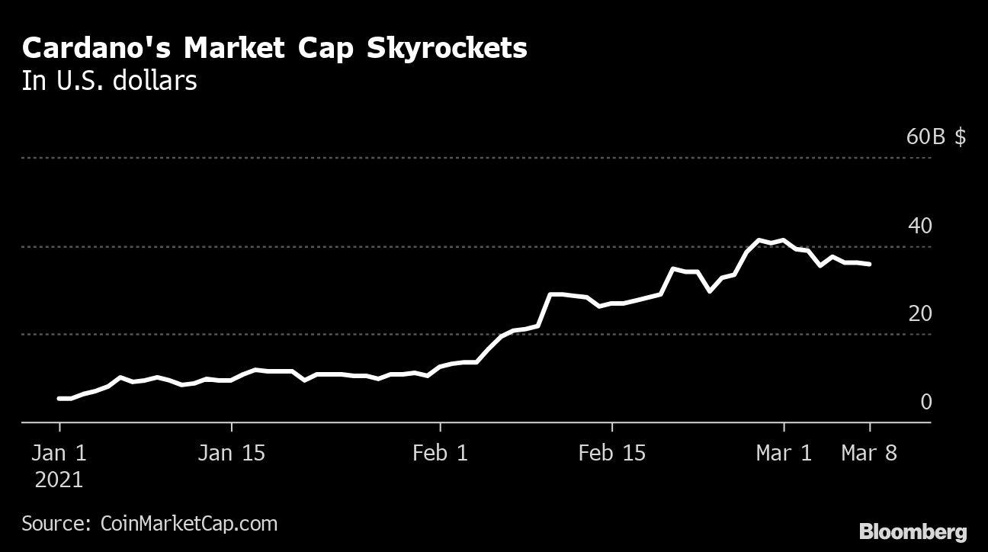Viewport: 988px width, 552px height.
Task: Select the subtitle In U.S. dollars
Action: click(x=109, y=81)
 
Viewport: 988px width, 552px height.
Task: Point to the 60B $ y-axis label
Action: click(x=936, y=137)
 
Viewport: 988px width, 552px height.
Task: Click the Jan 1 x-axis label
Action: click(x=59, y=453)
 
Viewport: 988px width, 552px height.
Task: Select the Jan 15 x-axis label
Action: click(x=231, y=453)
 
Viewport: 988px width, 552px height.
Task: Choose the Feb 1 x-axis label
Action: click(x=440, y=453)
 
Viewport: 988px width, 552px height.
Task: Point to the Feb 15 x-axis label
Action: click(x=611, y=453)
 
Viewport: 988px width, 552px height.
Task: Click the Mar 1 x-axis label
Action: click(x=784, y=453)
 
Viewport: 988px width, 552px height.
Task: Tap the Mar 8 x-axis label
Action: click(x=869, y=453)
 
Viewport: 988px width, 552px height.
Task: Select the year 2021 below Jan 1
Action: click(x=58, y=480)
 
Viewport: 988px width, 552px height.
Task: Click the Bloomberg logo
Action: click(x=913, y=531)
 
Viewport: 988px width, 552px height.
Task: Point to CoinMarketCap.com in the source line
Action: click(x=189, y=524)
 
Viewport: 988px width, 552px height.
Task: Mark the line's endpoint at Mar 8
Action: click(x=870, y=265)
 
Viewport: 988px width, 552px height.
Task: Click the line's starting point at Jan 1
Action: click(x=59, y=398)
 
